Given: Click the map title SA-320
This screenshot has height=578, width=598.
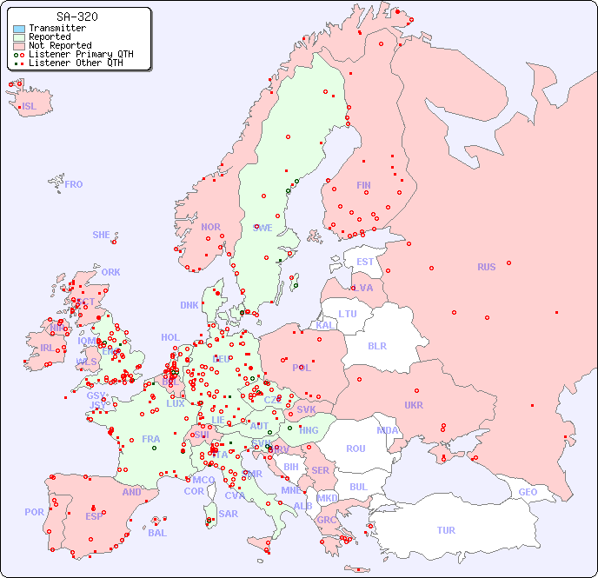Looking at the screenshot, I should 76,17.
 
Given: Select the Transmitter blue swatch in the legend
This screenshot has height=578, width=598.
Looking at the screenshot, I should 19,29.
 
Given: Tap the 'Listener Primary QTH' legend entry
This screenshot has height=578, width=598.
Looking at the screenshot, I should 81,54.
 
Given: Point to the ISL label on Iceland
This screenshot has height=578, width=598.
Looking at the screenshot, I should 30,107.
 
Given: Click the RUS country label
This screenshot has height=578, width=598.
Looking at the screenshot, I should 486,267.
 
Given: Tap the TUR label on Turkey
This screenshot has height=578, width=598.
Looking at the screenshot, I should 446,530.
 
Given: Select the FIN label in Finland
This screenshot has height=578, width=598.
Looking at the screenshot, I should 363,185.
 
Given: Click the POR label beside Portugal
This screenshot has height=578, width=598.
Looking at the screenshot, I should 34,512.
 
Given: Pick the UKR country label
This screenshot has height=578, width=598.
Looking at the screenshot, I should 413,405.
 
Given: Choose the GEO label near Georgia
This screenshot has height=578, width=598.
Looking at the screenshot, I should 528,492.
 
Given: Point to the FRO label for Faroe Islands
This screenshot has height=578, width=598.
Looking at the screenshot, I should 74,184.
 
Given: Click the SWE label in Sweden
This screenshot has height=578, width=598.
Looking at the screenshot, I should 262,228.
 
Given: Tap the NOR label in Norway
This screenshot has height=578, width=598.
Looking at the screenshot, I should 210,227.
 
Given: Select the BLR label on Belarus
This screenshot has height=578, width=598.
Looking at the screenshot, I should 376,345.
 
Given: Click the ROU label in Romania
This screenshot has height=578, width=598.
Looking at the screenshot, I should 355,448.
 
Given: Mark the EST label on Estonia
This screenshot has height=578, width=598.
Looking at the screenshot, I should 365,262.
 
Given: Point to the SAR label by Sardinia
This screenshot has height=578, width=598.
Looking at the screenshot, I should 229,514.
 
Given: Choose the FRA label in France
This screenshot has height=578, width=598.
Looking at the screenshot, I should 151,439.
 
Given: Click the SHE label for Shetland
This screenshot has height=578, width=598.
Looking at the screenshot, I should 102,235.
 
